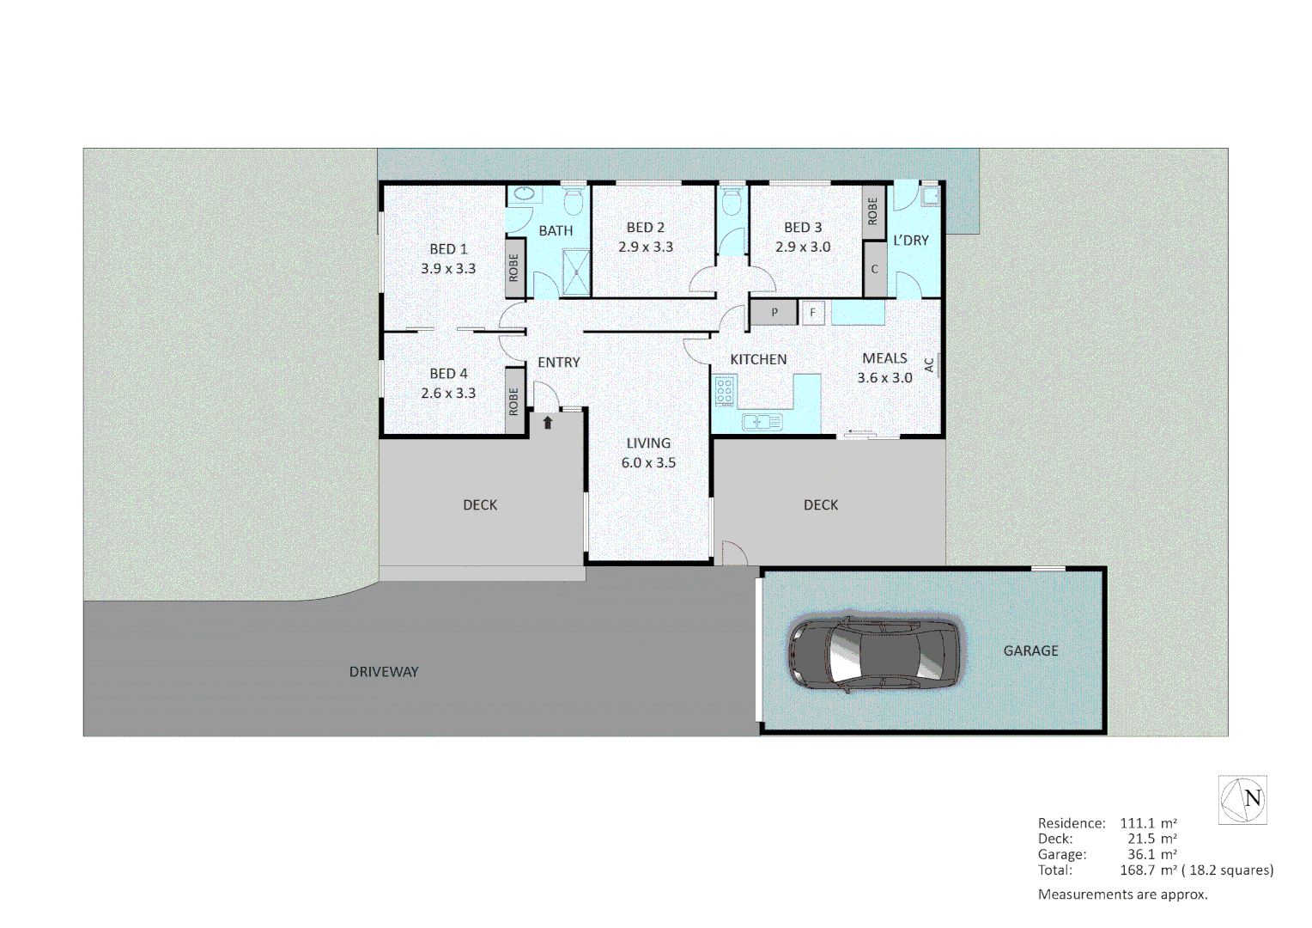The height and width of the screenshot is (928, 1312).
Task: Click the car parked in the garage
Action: tap(873, 654)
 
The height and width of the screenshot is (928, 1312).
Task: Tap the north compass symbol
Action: tap(1243, 799)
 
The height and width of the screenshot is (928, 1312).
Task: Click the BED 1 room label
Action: tap(448, 249)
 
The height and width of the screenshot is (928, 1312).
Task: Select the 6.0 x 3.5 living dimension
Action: tap(648, 463)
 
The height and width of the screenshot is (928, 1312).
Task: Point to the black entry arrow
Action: tap(548, 422)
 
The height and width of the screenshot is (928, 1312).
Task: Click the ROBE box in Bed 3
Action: tap(873, 211)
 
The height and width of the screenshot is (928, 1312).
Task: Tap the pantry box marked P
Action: tap(774, 313)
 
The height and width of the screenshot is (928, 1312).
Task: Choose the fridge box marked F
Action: tap(812, 313)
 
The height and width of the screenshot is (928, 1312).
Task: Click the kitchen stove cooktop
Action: tap(725, 391)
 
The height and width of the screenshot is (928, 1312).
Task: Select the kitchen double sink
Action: tap(762, 421)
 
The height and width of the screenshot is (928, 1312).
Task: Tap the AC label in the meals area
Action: tap(929, 365)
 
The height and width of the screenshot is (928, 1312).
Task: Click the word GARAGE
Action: tap(1030, 651)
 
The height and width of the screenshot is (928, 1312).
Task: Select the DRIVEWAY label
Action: tap(384, 672)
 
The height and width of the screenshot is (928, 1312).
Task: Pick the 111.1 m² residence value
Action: tap(1148, 823)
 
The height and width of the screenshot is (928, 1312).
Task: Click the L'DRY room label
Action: tap(910, 241)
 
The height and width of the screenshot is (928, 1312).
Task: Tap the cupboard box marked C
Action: tap(874, 269)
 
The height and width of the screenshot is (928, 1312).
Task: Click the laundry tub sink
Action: tap(929, 197)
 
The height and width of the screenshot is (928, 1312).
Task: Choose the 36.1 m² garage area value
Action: tap(1151, 854)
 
